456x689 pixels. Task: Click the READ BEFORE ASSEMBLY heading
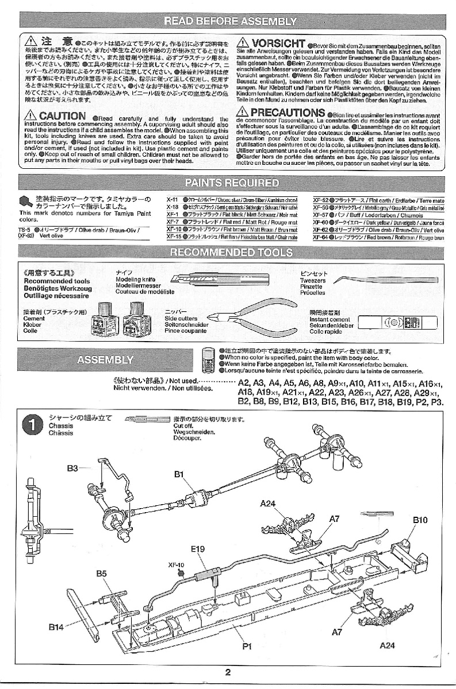pos(230,22)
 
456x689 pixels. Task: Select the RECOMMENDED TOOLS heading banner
pos(230,253)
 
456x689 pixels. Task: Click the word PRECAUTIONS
pos(288,112)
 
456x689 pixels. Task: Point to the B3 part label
pos(72,468)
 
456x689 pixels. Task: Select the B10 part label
pos(420,520)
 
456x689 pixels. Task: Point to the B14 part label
pos(56,627)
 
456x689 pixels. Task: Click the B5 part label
pos(101,573)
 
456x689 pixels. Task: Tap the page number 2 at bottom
pos(228,673)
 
